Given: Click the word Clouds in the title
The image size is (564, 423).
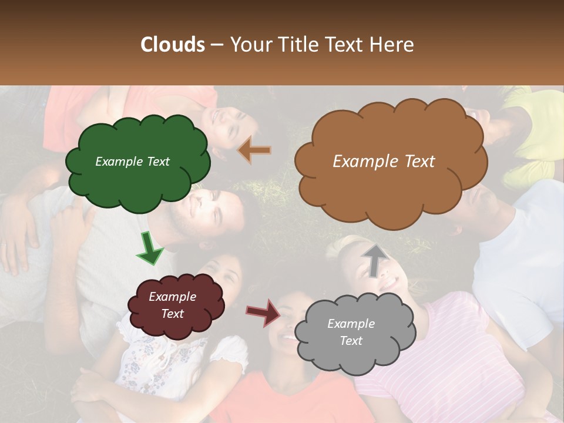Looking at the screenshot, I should point(173,45).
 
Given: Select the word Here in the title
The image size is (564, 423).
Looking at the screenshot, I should point(392,45).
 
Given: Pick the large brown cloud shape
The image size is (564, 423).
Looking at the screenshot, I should point(391,188).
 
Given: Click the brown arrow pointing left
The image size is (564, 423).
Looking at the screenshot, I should point(254,150).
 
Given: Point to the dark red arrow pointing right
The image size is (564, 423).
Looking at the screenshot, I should point(264,313).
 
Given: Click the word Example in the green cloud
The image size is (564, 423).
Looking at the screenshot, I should point(118,162).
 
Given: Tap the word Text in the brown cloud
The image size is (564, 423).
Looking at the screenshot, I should point(416,162).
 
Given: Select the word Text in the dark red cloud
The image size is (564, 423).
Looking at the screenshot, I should point(173,314).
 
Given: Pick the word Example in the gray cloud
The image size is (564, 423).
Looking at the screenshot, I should point(351,324).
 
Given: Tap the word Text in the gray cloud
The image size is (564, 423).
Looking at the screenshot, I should point(351,341).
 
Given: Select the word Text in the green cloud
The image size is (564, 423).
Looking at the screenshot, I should point(157,162).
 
